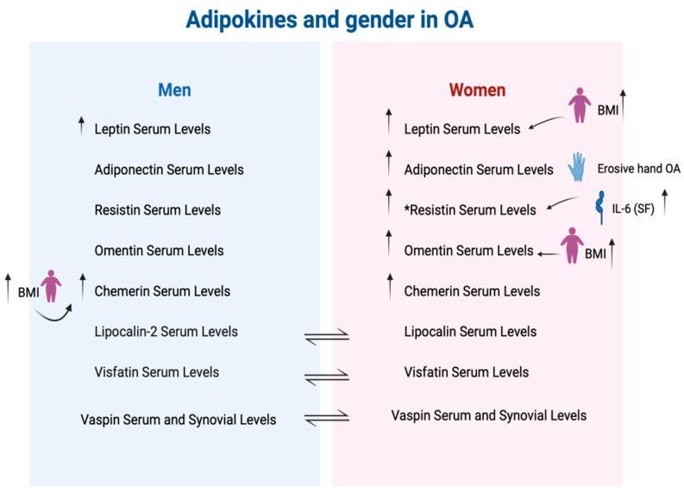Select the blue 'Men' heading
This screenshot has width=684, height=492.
(174, 90)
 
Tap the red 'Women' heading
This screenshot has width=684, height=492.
(477, 90)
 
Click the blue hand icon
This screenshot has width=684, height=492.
(576, 166)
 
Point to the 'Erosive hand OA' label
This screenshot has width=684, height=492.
(639, 169)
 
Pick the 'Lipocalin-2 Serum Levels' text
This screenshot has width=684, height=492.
(166, 331)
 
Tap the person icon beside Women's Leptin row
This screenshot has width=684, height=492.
(580, 107)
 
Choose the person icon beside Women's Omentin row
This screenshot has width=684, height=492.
(573, 246)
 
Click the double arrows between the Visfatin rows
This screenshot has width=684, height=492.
(327, 375)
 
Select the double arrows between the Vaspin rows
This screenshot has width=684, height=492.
(327, 418)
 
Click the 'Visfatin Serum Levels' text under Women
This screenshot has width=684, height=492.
(467, 372)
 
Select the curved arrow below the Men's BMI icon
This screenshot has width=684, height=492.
(56, 317)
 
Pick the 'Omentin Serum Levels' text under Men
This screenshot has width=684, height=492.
(159, 250)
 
